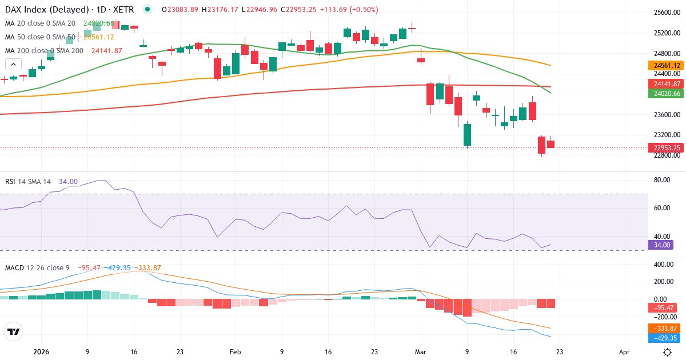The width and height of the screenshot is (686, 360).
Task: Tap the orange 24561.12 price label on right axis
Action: coord(666,66)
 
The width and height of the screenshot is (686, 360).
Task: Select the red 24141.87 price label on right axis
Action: coord(666,84)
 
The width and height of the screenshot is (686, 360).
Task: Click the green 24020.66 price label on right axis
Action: coord(666,94)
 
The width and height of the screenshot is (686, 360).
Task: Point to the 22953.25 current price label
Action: coord(666,148)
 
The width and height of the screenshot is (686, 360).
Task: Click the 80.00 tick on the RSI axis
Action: coord(662,180)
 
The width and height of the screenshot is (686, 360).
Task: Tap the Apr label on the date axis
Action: coord(625,353)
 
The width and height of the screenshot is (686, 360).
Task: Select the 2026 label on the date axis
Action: coord(42,353)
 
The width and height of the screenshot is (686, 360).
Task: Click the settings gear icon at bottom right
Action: coord(667,353)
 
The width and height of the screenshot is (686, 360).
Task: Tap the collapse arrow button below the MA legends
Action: coord(13,65)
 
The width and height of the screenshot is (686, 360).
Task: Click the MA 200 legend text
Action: coord(45,50)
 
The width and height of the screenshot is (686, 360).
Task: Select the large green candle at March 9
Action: coord(467,135)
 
